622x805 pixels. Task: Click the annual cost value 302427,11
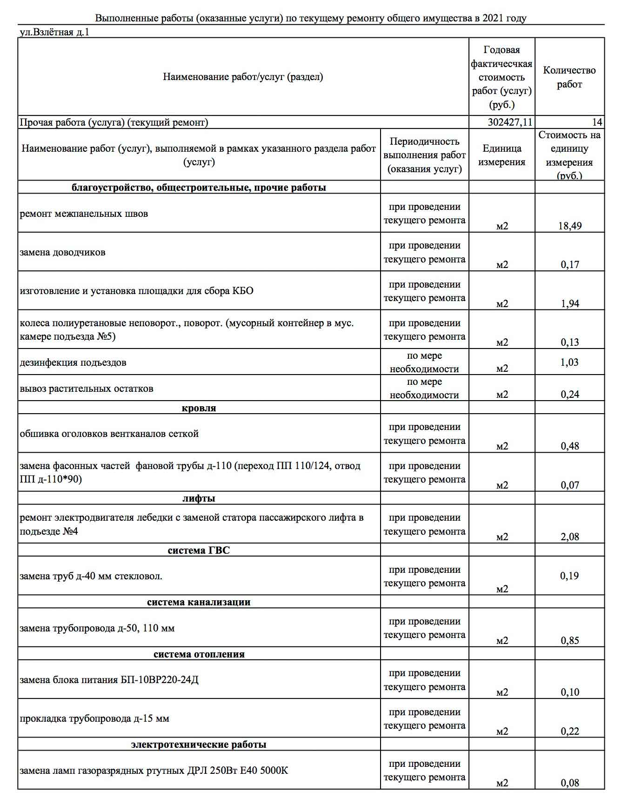510,122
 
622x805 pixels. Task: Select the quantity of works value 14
597,122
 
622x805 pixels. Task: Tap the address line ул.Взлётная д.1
54,32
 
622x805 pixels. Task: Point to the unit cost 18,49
570,226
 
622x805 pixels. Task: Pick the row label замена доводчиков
62,252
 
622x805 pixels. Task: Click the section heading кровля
199,408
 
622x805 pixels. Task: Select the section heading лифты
199,498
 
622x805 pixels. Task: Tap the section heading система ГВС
199,550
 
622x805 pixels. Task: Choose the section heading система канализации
199,602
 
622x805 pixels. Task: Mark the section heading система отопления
199,654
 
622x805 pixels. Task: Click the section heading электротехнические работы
199,745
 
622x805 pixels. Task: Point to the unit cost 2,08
570,537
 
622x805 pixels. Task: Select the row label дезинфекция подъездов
73,362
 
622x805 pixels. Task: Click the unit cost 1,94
570,304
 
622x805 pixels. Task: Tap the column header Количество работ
569,77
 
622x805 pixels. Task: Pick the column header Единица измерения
502,155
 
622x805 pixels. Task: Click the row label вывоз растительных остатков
87,389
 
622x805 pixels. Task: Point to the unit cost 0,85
570,641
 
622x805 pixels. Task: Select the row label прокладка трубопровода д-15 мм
94,718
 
